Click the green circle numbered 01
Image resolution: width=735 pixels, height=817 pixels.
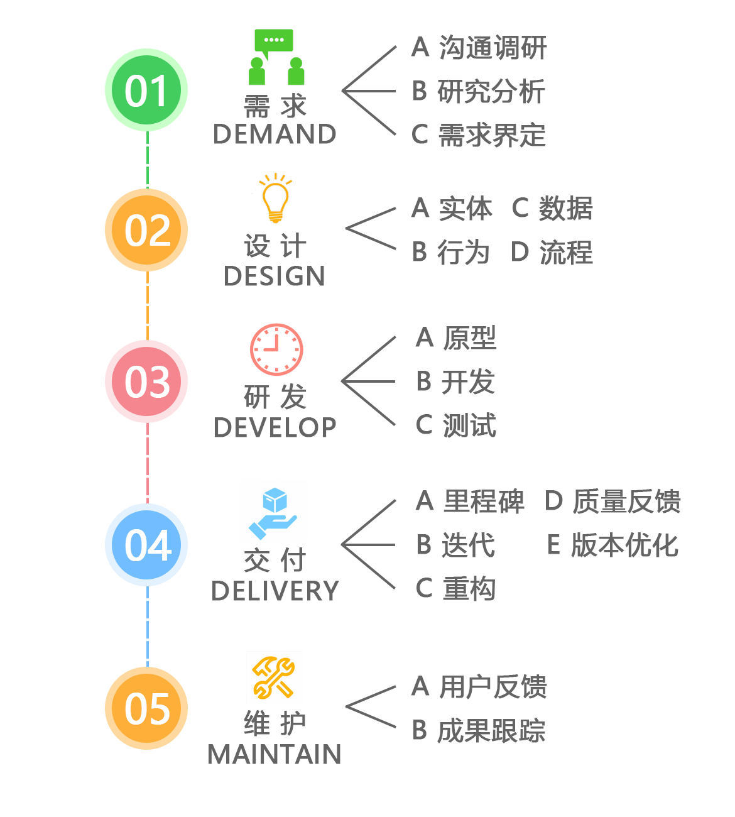pyautogui.click(x=146, y=90)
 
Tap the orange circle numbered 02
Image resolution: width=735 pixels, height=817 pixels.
pyautogui.click(x=146, y=230)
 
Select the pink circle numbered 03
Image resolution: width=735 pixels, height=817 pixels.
pyautogui.click(x=146, y=381)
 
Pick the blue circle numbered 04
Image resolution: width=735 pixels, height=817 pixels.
pyautogui.click(x=146, y=545)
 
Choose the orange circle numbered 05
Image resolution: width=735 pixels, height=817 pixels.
pyautogui.click(x=146, y=708)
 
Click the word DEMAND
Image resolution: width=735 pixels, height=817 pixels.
pyautogui.click(x=275, y=134)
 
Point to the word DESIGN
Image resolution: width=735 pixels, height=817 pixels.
pyautogui.click(x=275, y=277)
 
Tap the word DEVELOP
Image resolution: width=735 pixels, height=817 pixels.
pyautogui.click(x=275, y=427)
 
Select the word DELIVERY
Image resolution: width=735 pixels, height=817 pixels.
pyautogui.click(x=275, y=591)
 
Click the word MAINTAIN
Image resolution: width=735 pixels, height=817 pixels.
pyautogui.click(x=275, y=754)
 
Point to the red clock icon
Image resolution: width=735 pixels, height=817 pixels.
pyautogui.click(x=276, y=349)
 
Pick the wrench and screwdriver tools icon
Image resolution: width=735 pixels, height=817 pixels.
pyautogui.click(x=273, y=677)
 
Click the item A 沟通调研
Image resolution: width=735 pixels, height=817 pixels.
pyautogui.click(x=479, y=48)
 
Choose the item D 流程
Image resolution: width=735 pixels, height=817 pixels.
pyautogui.click(x=552, y=253)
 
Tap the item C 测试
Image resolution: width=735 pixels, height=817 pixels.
pyautogui.click(x=456, y=425)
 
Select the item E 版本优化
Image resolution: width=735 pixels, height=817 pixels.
pyautogui.click(x=612, y=546)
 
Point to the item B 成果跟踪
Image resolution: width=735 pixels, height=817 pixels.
pyautogui.click(x=479, y=731)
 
